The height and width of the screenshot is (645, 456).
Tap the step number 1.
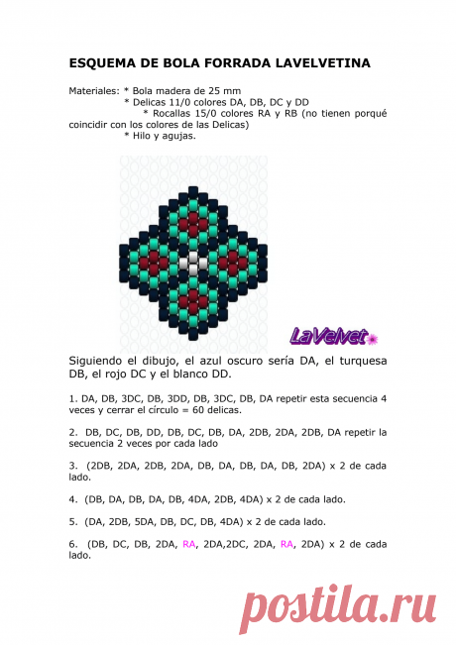(71, 398)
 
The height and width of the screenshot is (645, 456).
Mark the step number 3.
(71, 465)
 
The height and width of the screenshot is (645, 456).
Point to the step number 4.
(71, 498)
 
